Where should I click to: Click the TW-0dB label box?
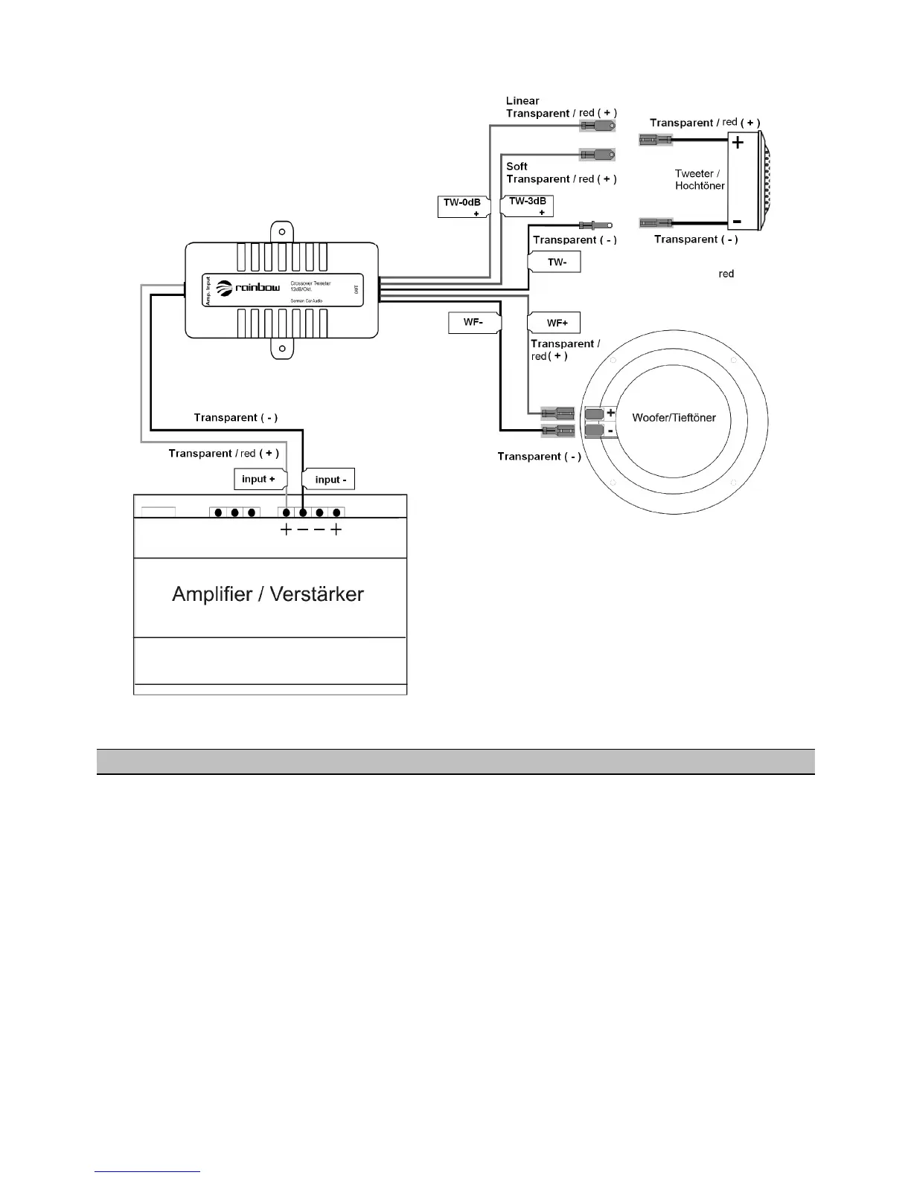click(463, 206)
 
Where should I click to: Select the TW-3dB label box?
click(528, 205)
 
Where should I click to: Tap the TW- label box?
click(554, 262)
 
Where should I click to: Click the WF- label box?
click(473, 323)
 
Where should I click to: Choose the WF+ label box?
click(554, 323)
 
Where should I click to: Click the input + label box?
click(259, 479)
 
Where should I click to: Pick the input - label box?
click(329, 480)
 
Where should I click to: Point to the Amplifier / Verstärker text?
click(268, 594)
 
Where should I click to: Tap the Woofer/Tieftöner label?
click(674, 418)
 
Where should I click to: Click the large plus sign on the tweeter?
click(738, 142)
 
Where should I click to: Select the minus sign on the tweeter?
click(736, 221)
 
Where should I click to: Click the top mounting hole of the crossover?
click(282, 231)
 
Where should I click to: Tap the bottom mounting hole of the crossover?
click(282, 348)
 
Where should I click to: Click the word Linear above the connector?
click(522, 100)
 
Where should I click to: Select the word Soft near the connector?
click(517, 166)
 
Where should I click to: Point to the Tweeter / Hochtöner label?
click(699, 179)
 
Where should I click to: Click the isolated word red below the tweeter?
click(726, 274)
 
